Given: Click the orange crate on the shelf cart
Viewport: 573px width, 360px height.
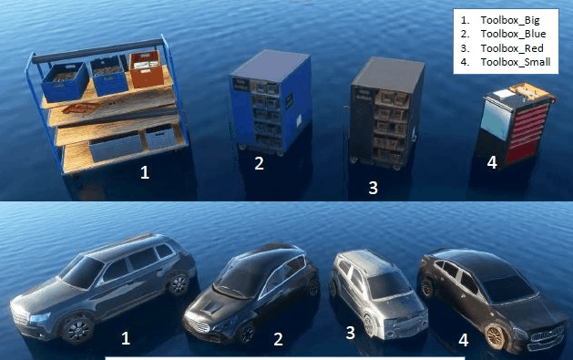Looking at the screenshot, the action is pos(147,69).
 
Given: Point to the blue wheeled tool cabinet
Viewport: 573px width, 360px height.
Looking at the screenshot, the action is pos(271,103).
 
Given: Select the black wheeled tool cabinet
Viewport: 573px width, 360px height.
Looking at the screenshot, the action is pos(385,113).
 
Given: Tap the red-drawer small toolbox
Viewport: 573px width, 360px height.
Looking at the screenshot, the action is pos(515,124).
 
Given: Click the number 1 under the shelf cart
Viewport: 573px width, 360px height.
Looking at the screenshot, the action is pos(145,172).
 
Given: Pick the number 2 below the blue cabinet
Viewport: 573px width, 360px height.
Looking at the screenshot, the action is pos(259,163).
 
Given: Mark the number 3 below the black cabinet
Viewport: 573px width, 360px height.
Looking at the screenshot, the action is pos(373,188).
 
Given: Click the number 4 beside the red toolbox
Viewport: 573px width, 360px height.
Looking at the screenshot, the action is pos(492,162).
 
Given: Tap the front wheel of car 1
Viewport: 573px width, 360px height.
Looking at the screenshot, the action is pos(77,329).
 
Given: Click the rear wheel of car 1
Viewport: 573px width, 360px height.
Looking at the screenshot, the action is pos(179,284).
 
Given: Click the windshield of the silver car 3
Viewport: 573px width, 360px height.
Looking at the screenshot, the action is pos(388,285).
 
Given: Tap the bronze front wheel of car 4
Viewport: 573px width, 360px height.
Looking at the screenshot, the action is pos(496,336).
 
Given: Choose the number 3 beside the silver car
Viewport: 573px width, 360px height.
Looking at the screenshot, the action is pos(350,333).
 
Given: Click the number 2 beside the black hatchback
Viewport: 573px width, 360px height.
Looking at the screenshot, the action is pos(278,339).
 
